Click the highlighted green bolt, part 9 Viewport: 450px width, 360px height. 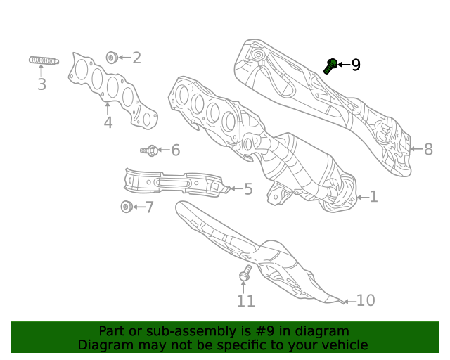pos(330,66)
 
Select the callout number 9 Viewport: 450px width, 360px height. pos(356,65)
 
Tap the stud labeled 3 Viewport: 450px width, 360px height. pos(43,60)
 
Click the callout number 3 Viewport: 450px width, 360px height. pos(41,85)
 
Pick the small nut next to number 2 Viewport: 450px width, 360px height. pos(111,57)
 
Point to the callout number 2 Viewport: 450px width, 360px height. pos(136,58)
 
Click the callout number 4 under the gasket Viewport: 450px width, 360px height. pos(108,122)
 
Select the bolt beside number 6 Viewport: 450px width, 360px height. pos(149,150)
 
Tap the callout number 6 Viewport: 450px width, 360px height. pos(175,150)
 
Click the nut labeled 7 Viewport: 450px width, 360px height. pos(126,207)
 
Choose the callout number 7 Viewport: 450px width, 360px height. pos(149,207)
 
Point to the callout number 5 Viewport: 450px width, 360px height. pos(247,189)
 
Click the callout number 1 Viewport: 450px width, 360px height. pos(373,197)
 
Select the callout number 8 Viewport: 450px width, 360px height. pos(427,149)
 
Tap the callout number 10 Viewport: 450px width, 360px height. pos(366,301)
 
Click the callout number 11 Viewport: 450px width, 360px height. pos(245,302)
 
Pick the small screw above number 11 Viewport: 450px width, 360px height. pos(245,274)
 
